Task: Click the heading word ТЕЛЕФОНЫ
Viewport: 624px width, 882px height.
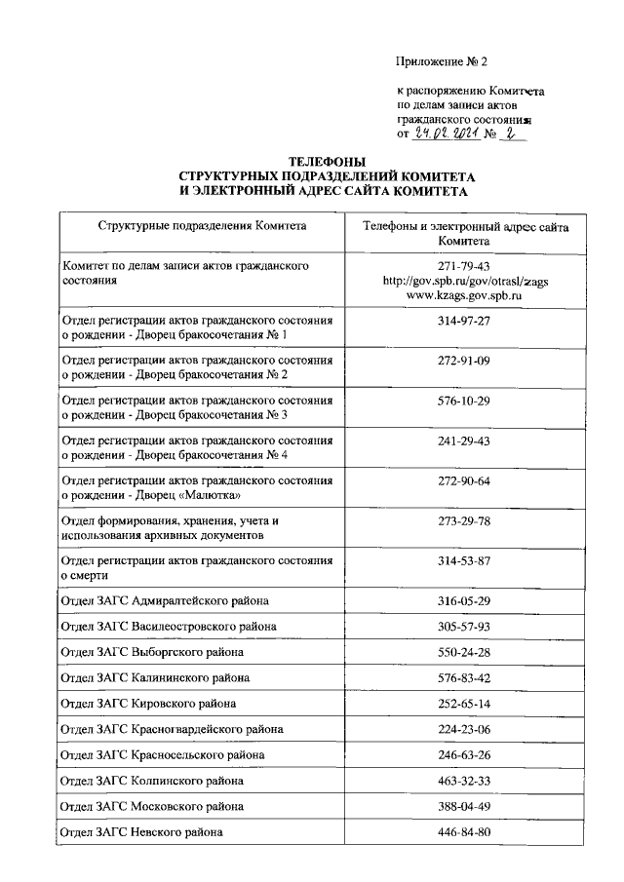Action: click(x=327, y=161)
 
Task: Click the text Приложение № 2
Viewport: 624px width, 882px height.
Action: click(x=441, y=61)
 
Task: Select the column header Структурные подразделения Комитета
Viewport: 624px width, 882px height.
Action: click(x=202, y=226)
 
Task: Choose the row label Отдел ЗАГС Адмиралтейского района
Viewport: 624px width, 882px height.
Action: click(x=165, y=600)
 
